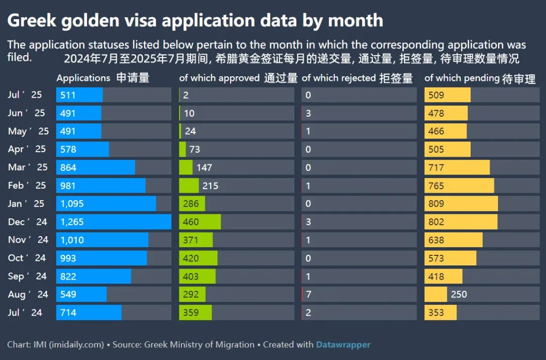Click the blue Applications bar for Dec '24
pyautogui.click(x=114, y=222)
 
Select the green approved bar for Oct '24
pyautogui.click(x=198, y=258)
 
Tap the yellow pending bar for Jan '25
pyautogui.click(x=461, y=204)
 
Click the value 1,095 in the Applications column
pyautogui.click(x=72, y=204)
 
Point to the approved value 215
pyautogui.click(x=210, y=186)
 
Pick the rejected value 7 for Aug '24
pyautogui.click(x=308, y=294)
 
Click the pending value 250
pyautogui.click(x=459, y=294)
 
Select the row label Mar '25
pyautogui.click(x=28, y=167)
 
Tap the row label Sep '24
pyautogui.click(x=27, y=276)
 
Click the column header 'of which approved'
pyautogui.click(x=219, y=78)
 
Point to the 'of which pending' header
pyautogui.click(x=461, y=78)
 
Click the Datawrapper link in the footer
pyautogui.click(x=343, y=345)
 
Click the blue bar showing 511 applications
pyautogui.click(x=79, y=95)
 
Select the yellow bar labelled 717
pyautogui.click(x=457, y=167)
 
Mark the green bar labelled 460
pyautogui.click(x=200, y=222)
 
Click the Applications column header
pyautogui.click(x=83, y=78)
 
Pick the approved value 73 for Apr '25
pyautogui.click(x=195, y=149)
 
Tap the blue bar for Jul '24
pyautogui.click(x=89, y=312)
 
